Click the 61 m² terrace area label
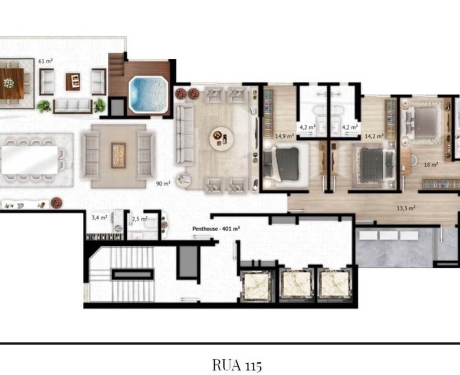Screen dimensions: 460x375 (45, 61)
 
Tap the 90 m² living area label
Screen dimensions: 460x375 (163, 184)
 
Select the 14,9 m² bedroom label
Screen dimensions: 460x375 (285, 136)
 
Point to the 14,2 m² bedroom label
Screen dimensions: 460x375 (374, 136)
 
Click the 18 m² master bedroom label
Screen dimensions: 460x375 (431, 165)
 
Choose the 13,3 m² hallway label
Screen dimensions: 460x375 (406, 208)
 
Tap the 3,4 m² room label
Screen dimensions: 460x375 (100, 218)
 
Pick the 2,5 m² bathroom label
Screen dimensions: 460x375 (140, 219)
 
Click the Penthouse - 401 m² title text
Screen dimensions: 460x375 (216, 228)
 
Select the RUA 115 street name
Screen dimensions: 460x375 (236, 366)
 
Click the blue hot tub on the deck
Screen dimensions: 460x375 (148, 94)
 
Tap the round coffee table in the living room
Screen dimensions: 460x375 (222, 139)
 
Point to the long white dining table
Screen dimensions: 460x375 (29, 160)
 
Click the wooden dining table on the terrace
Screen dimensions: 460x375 (12, 83)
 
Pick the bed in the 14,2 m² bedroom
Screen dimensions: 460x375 (374, 165)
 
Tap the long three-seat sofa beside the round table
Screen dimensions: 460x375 (185, 134)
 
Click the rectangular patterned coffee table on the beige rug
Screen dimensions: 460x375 (119, 155)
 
